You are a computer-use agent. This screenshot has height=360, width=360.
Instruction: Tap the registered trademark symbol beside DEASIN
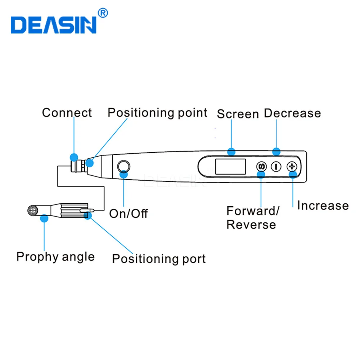point(103,13)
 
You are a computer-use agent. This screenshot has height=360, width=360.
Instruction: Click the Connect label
point(67,113)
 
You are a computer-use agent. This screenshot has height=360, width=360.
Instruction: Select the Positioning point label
point(158,113)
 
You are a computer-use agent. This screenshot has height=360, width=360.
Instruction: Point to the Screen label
point(238,114)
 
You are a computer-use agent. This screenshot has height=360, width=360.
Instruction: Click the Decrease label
point(292,113)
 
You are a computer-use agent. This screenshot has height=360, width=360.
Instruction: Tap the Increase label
point(323,205)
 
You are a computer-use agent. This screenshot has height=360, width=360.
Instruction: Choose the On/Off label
point(129,213)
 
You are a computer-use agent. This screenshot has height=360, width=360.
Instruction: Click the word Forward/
point(253,211)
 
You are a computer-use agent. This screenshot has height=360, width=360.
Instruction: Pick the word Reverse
point(251,224)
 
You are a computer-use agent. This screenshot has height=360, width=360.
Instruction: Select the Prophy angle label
point(55,257)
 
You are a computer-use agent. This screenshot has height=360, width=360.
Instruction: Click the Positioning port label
point(159,259)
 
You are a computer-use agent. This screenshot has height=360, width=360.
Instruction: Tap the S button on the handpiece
point(261,166)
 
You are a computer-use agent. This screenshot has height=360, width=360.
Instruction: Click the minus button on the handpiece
point(276,166)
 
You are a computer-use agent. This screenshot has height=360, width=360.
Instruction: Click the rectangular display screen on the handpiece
point(230,166)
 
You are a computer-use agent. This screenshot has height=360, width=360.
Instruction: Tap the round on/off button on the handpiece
point(123,166)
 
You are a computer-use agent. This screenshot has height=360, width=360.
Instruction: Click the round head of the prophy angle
point(33,211)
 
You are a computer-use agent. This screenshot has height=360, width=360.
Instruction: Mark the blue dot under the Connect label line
point(74,157)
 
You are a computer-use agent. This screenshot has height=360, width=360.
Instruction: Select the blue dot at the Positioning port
point(88,216)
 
